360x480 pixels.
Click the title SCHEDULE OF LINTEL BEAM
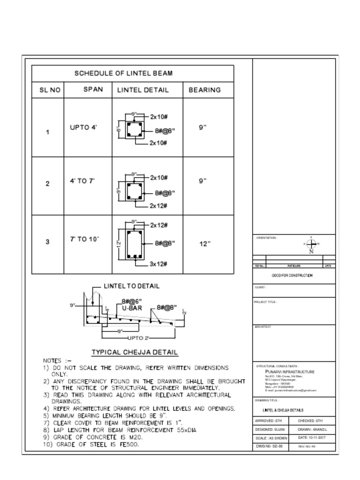(123, 73)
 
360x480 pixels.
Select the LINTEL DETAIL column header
(142, 90)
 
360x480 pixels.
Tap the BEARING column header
(204, 90)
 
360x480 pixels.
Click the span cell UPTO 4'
(83, 127)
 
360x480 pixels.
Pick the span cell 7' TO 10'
(84, 239)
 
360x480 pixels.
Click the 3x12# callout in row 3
(159, 264)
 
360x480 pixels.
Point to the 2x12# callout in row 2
(159, 205)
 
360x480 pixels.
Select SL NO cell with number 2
(47, 184)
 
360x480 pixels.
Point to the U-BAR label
(132, 309)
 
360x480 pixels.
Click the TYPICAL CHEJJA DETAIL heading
(135, 352)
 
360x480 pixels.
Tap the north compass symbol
(311, 244)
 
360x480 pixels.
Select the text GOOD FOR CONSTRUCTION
(292, 276)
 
